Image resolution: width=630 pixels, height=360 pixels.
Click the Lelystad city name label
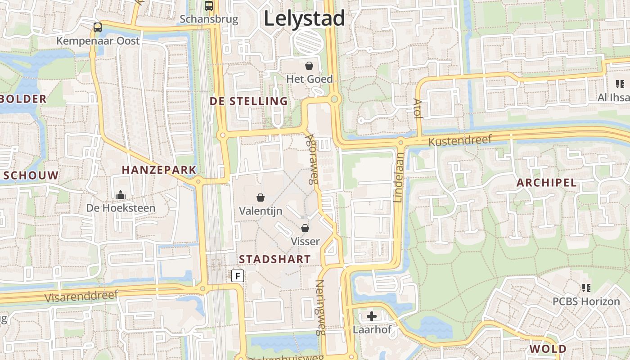click(x=304, y=19)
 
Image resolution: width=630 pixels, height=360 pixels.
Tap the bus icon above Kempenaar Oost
click(x=98, y=27)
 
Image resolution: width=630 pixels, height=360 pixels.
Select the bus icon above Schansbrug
click(x=209, y=6)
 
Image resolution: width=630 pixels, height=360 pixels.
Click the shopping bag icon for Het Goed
click(x=309, y=66)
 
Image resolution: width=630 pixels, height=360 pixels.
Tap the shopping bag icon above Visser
click(x=305, y=228)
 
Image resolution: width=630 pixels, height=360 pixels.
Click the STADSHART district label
click(x=274, y=259)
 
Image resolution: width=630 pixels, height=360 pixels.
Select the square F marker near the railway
click(x=238, y=275)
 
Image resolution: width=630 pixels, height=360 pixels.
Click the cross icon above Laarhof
click(x=372, y=316)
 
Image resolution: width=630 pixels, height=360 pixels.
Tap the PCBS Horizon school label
click(x=586, y=301)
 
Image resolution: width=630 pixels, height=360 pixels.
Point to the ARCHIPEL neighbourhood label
click(x=546, y=183)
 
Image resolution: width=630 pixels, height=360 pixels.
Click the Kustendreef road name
click(x=460, y=141)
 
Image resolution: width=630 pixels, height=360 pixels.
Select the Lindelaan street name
click(x=399, y=177)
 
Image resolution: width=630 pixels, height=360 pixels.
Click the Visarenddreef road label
click(x=81, y=296)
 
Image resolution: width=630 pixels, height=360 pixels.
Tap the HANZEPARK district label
click(x=159, y=170)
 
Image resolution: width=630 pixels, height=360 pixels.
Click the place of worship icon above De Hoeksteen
click(x=120, y=195)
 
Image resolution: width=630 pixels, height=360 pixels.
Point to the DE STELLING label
click(x=249, y=101)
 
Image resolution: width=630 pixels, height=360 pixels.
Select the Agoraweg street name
click(x=311, y=158)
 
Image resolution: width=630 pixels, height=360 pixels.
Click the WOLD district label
click(x=548, y=349)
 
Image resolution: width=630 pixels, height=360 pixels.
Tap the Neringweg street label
click(x=320, y=308)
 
